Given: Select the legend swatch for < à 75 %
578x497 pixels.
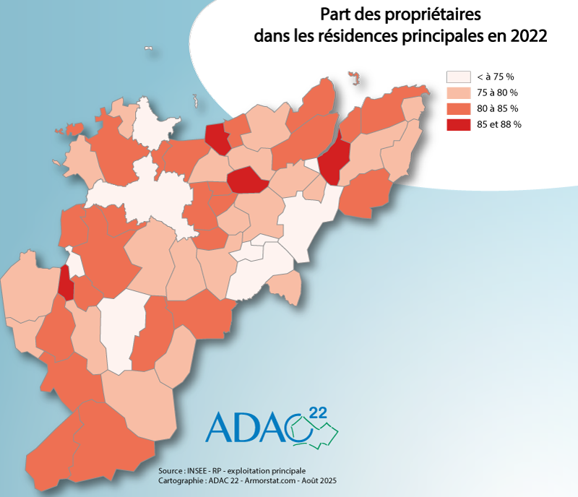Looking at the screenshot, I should (457, 77).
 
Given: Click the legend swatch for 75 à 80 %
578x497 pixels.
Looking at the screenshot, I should (457, 92).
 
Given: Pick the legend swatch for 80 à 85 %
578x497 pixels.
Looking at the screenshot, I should (457, 108).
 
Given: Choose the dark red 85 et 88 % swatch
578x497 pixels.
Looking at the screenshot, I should (457, 124).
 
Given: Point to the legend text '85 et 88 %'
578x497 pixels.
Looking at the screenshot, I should (499, 124).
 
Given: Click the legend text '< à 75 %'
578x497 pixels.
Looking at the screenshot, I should (494, 77).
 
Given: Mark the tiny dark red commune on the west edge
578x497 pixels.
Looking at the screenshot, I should (66, 282).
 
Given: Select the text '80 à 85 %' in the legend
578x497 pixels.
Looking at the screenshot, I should (497, 108).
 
